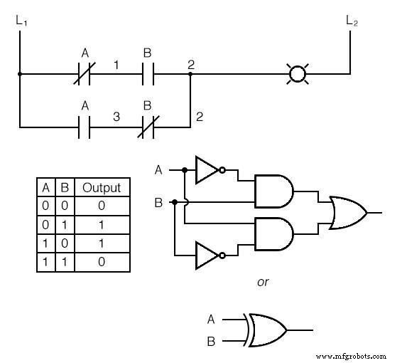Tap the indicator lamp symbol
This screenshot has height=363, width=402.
click(x=298, y=73)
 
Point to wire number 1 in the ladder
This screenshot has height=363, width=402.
click(x=116, y=65)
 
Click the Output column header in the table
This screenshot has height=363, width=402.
click(x=102, y=188)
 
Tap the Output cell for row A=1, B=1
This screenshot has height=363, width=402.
click(x=102, y=262)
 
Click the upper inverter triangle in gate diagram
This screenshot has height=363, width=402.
click(x=207, y=170)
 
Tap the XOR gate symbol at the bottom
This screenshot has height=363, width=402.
click(x=267, y=330)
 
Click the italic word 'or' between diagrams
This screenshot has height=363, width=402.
click(x=263, y=283)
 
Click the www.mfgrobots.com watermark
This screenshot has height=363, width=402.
click(x=350, y=356)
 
